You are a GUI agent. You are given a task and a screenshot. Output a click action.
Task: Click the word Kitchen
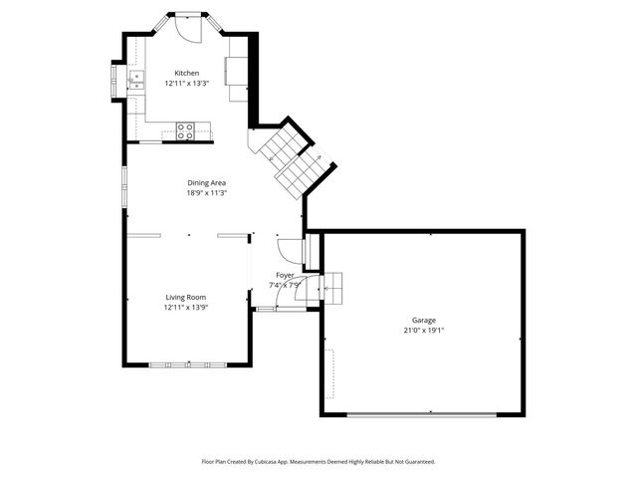click(187, 73)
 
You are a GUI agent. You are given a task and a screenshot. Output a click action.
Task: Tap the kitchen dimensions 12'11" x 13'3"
click(187, 84)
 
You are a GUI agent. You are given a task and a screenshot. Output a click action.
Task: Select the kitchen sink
click(137, 80)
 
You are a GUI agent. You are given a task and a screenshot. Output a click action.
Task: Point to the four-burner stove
click(185, 129)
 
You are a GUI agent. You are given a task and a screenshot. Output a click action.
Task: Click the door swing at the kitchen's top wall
click(186, 27)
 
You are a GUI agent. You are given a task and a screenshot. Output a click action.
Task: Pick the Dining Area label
click(207, 182)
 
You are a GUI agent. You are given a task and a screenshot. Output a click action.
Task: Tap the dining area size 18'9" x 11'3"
click(207, 193)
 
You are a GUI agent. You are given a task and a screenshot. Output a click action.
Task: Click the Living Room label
click(185, 297)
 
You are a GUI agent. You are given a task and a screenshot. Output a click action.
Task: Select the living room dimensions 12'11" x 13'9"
click(185, 308)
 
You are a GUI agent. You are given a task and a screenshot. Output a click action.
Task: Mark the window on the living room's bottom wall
click(186, 364)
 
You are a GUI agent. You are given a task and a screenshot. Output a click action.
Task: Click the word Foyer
click(286, 274)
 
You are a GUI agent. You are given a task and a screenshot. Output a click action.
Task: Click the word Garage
click(423, 320)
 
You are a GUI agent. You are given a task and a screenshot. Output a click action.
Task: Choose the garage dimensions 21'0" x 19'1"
click(423, 330)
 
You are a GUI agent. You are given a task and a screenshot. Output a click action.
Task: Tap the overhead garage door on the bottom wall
click(422, 414)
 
